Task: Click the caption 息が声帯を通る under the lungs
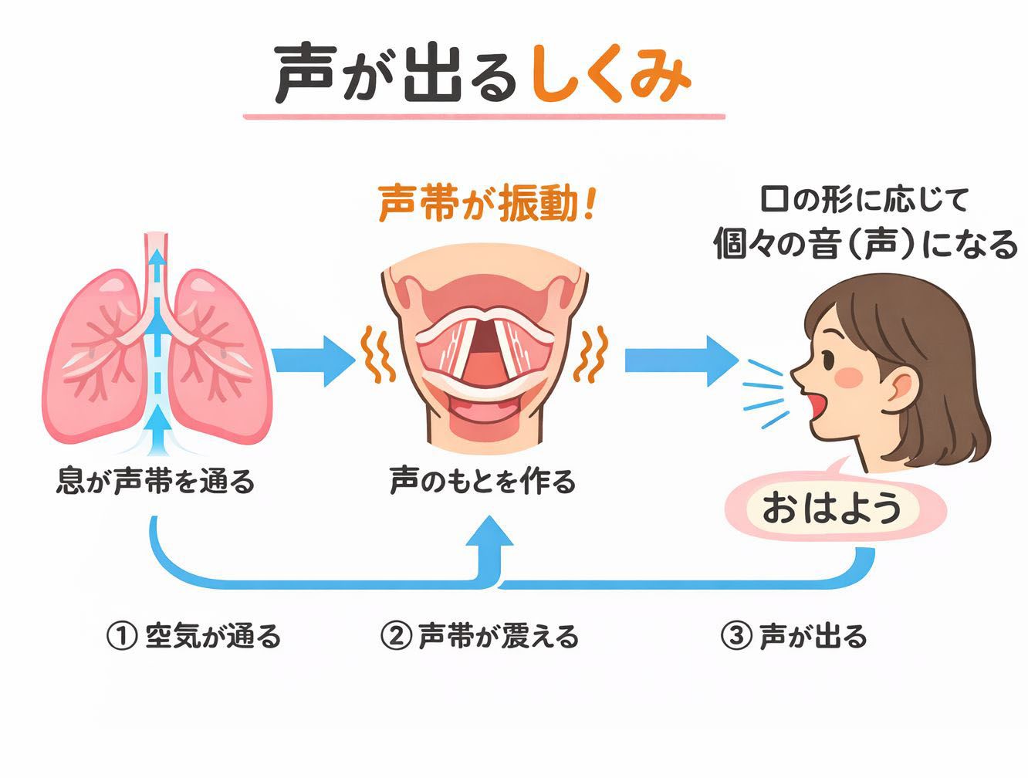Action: tap(155, 482)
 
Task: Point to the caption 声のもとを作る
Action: tap(482, 482)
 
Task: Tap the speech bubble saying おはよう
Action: tap(832, 509)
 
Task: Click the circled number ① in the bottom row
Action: tap(120, 637)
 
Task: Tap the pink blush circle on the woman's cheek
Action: tap(852, 376)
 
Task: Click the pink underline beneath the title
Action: tap(484, 117)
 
